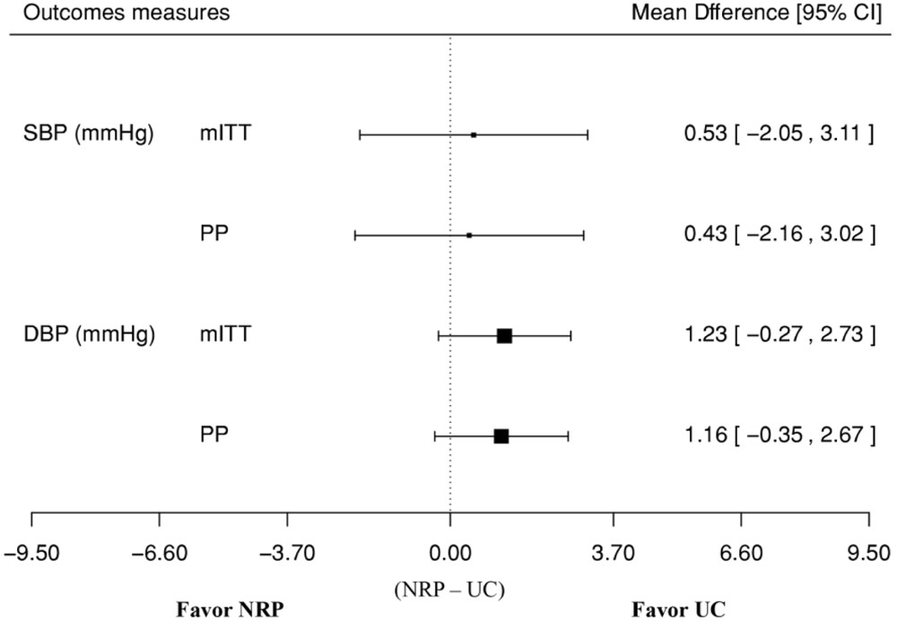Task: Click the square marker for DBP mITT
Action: pyautogui.click(x=504, y=335)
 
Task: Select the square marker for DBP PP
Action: pyautogui.click(x=501, y=436)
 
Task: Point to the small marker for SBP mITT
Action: pyautogui.click(x=474, y=134)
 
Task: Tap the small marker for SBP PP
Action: pyautogui.click(x=469, y=235)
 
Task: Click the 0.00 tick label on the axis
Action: pyautogui.click(x=449, y=552)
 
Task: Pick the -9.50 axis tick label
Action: pyautogui.click(x=31, y=552)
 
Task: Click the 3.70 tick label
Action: pyautogui.click(x=613, y=552)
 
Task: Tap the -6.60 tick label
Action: pyautogui.click(x=159, y=552)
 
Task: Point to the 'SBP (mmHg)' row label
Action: pyautogui.click(x=88, y=134)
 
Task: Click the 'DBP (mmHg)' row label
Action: pyautogui.click(x=88, y=335)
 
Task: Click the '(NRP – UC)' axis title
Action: pyautogui.click(x=449, y=589)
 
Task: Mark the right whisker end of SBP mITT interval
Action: pyautogui.click(x=588, y=134)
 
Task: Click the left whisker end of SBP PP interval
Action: pyautogui.click(x=355, y=235)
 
